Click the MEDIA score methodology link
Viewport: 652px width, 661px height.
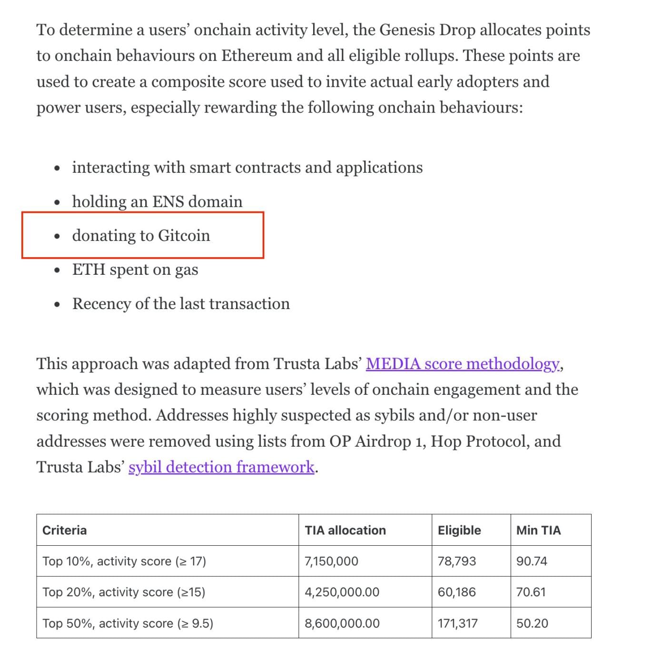[x=463, y=364]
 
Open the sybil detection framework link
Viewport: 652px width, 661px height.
[x=221, y=467]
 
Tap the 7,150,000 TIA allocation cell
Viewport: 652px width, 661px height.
[x=331, y=561]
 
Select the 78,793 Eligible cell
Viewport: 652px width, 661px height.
[x=456, y=561]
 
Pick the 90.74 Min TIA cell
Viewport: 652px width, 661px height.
[x=532, y=561]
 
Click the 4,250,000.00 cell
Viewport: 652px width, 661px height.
[x=342, y=592]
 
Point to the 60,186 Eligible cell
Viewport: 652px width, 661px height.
[x=456, y=592]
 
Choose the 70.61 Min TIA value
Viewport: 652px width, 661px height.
[x=531, y=592]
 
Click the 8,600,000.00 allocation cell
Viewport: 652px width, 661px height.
[x=342, y=623]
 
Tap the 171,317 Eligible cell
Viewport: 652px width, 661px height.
[x=457, y=623]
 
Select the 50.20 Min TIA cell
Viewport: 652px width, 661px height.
[x=532, y=623]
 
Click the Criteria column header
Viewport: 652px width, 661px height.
[x=64, y=530]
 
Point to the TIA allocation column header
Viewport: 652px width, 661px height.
[x=345, y=530]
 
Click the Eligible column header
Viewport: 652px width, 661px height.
[x=459, y=530]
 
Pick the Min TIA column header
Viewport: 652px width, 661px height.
[x=538, y=530]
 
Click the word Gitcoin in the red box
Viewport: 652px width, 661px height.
[x=184, y=236]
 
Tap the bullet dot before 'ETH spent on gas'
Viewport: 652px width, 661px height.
[x=57, y=270]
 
